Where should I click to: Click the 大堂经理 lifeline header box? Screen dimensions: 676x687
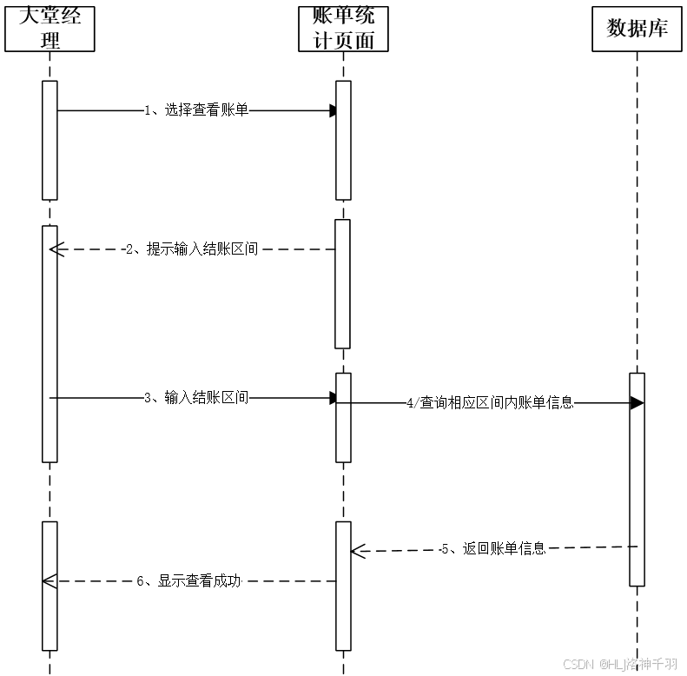pyautogui.click(x=50, y=28)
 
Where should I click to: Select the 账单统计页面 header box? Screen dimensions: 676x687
pyautogui.click(x=343, y=28)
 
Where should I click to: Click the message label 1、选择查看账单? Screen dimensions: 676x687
pyautogui.click(x=196, y=110)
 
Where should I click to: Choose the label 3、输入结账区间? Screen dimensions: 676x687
pyautogui.click(x=196, y=398)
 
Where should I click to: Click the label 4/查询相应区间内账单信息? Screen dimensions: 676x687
pyautogui.click(x=490, y=403)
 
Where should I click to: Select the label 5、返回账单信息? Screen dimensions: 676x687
pyautogui.click(x=492, y=548)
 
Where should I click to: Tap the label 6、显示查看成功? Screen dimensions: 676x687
pyautogui.click(x=188, y=581)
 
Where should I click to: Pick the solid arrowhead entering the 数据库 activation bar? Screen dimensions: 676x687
pyautogui.click(x=637, y=403)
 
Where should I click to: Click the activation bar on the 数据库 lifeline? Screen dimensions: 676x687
pyautogui.click(x=637, y=479)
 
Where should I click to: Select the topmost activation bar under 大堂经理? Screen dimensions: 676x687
pyautogui.click(x=50, y=140)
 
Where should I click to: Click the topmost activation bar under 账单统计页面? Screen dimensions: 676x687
pyautogui.click(x=343, y=140)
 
